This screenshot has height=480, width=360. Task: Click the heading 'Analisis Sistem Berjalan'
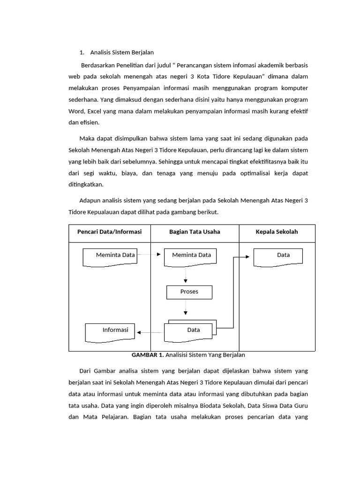[x=122, y=52]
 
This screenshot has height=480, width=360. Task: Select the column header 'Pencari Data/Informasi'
[x=109, y=232]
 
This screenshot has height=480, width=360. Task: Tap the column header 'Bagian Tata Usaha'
[x=195, y=232]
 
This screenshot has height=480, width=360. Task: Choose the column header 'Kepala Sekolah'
[x=277, y=232]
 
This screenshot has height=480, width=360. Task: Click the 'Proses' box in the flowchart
[x=189, y=292]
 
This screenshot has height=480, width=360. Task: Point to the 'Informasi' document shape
[x=110, y=331]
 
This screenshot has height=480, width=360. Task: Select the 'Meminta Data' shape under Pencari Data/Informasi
[x=110, y=256]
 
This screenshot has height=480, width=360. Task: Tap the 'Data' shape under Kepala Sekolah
[x=278, y=256]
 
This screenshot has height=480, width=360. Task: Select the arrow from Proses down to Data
[x=186, y=307]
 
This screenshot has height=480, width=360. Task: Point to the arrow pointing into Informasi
[x=149, y=333]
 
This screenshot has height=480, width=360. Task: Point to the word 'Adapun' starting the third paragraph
[x=90, y=201]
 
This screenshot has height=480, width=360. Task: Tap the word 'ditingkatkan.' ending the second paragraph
[x=87, y=184]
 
